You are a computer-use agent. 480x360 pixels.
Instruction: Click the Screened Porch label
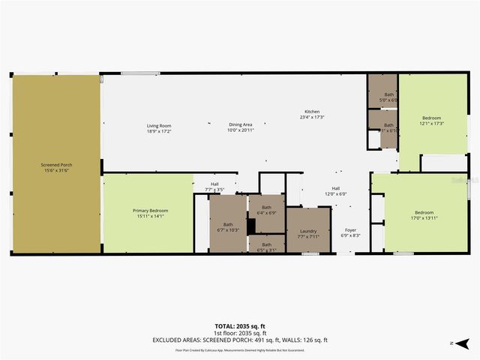coord(56,166)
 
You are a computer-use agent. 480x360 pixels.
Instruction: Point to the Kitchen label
coord(311,114)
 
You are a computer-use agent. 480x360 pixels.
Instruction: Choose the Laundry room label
coord(308,233)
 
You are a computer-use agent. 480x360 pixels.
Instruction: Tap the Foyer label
coord(351,232)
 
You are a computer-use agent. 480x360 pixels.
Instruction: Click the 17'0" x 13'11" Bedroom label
coord(421,214)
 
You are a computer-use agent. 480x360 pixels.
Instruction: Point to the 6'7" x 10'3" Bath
coord(227,226)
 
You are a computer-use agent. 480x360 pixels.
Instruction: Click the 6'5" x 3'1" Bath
coord(266,247)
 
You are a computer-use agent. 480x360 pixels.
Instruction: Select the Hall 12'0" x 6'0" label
coord(336,191)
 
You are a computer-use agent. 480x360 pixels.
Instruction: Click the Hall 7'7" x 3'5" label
coord(214,187)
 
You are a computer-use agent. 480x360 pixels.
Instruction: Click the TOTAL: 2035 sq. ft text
coord(240,326)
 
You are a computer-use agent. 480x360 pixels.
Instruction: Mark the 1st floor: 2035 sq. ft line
coord(240,333)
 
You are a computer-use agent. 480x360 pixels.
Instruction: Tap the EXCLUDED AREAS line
coord(240,340)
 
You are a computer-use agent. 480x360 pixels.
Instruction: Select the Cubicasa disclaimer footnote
coord(240,349)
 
